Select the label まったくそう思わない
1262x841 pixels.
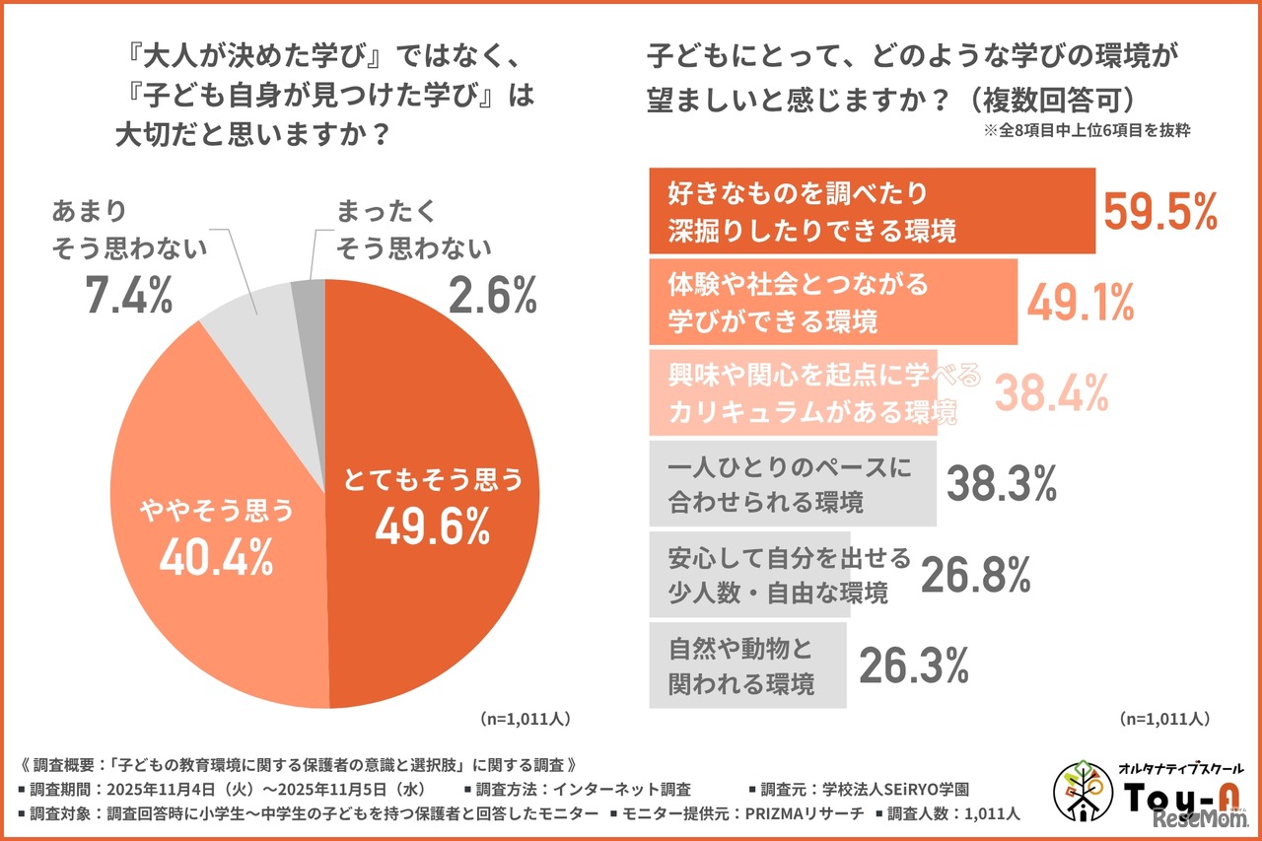pos(413,229)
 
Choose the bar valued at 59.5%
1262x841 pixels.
pos(872,211)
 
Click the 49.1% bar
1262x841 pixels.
pos(832,302)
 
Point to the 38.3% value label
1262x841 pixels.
pos(1002,483)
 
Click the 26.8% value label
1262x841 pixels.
pos(976,575)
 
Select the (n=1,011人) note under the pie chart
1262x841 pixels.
pos(525,718)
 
